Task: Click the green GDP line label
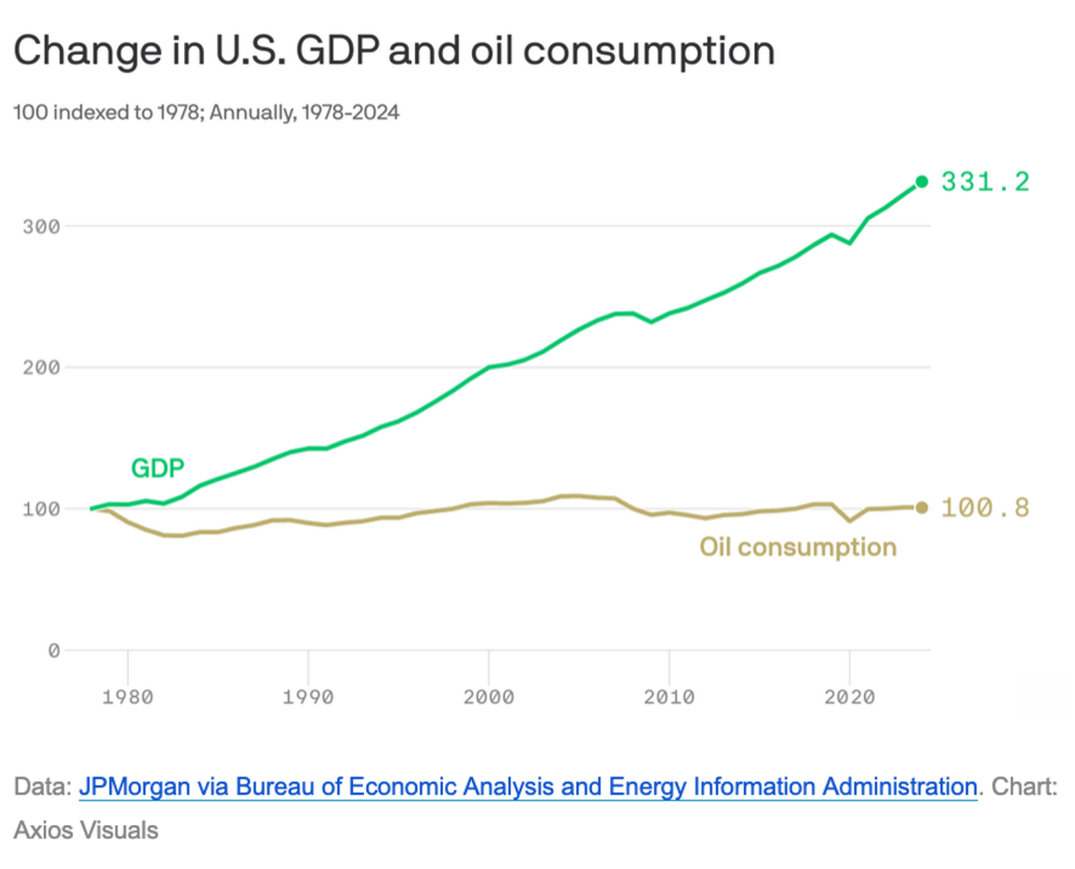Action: (157, 468)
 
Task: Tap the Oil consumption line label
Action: (797, 546)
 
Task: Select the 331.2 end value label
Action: (985, 182)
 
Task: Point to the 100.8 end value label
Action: (985, 508)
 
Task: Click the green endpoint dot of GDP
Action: (922, 181)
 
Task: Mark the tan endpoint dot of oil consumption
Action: (922, 508)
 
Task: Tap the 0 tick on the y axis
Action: (54, 651)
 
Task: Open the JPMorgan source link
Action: (528, 786)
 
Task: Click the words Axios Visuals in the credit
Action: (86, 829)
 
